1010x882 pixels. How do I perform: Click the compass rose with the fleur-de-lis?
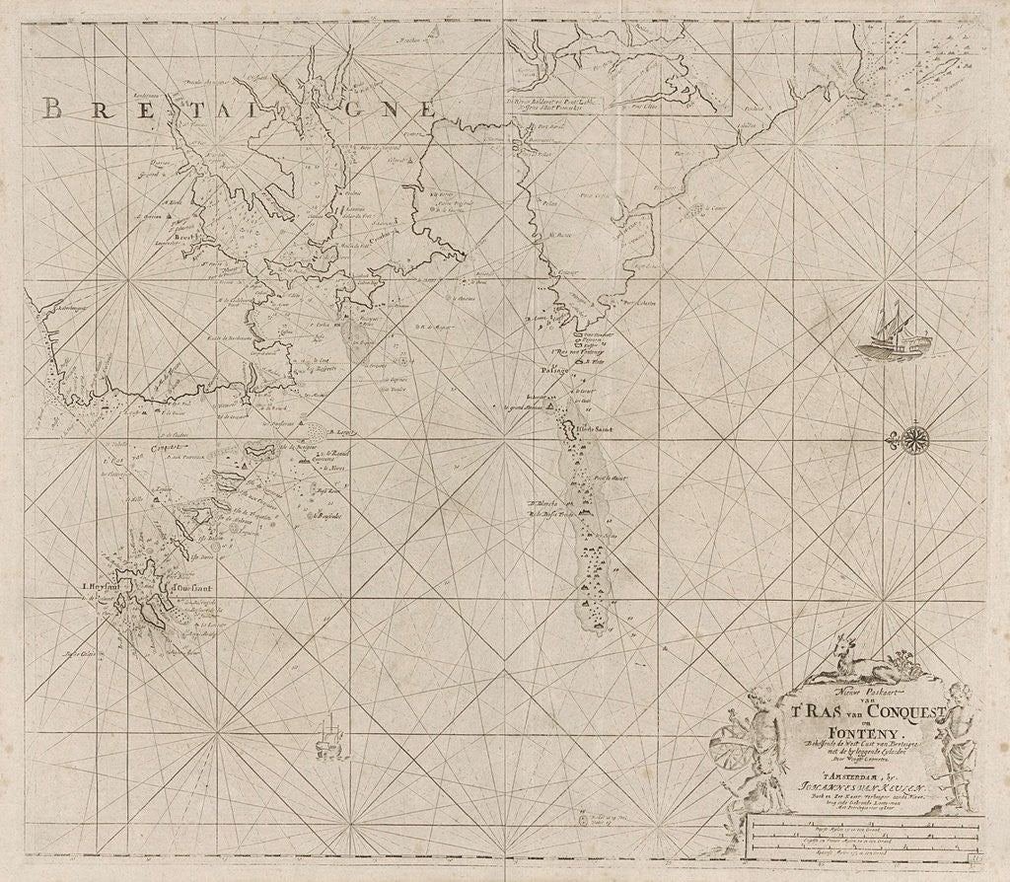pos(915,439)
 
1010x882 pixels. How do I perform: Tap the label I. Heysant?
pos(102,592)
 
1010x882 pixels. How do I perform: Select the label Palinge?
pos(559,372)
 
